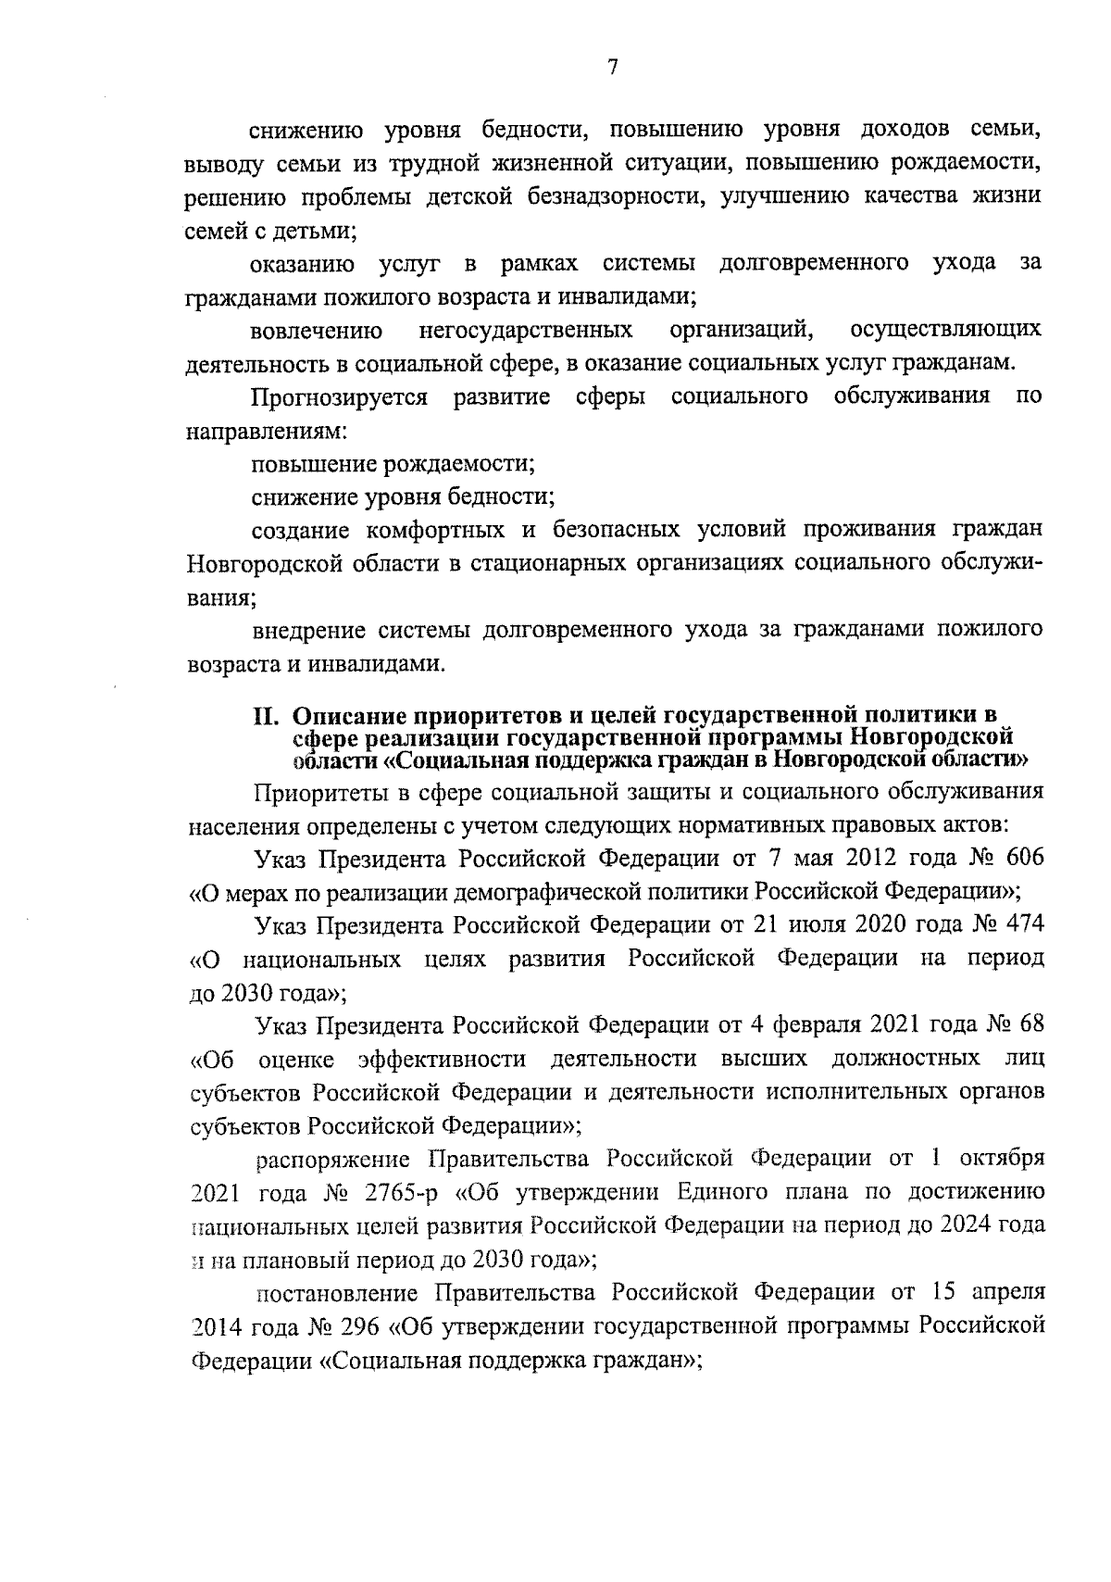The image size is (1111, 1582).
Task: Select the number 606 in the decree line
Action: click(x=1021, y=858)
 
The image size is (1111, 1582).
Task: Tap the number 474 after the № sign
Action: click(x=1021, y=924)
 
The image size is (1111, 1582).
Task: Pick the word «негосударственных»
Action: click(x=526, y=330)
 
